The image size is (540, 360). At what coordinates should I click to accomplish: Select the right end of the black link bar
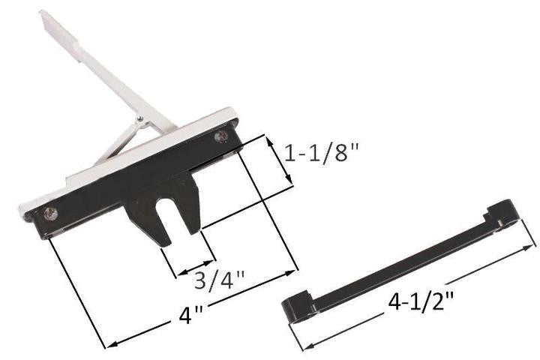504,211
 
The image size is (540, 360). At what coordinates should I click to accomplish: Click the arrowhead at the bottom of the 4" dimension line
111,345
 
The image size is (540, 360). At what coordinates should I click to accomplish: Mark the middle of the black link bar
401,259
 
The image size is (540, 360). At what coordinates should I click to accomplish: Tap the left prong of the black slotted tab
154,229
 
